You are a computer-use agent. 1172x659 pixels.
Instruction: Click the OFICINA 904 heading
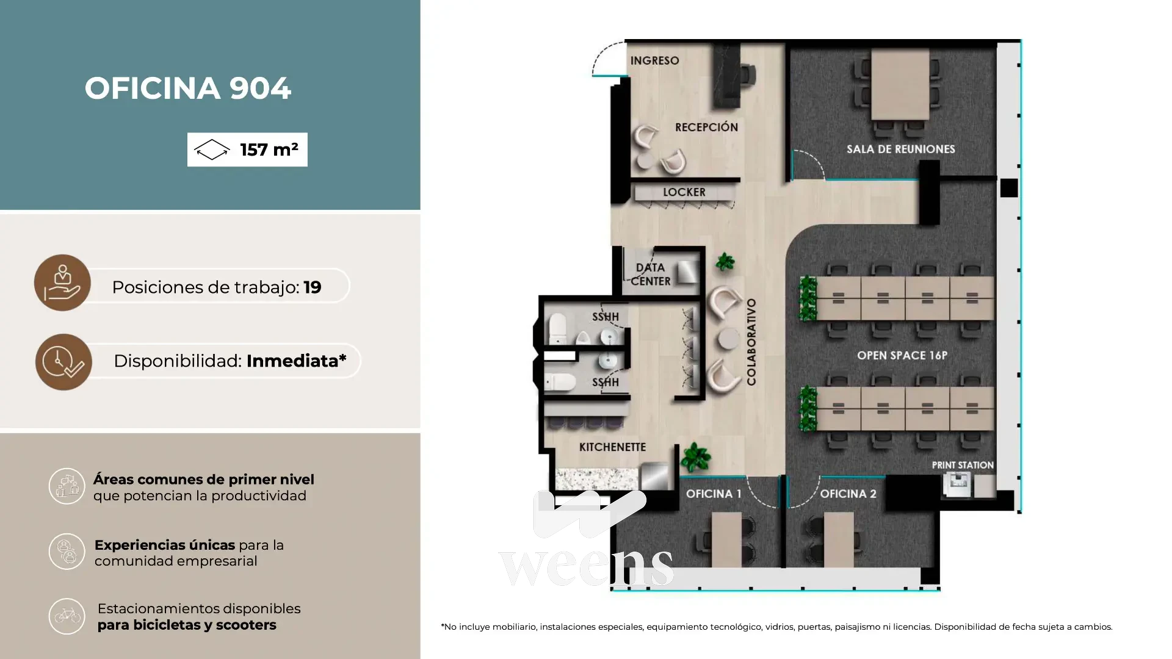pos(188,88)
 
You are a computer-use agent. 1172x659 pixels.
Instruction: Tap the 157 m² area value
pos(269,149)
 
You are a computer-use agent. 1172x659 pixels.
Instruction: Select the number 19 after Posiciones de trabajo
pos(313,287)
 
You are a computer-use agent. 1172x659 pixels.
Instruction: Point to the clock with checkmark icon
pos(63,362)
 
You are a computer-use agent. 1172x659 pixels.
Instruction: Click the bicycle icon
pos(67,616)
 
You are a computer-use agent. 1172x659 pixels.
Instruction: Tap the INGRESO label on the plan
pos(654,60)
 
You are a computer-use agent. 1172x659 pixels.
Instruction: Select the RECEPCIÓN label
pos(706,127)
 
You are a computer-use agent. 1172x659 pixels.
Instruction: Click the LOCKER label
pos(684,192)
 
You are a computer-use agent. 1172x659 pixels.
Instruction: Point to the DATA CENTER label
pos(651,274)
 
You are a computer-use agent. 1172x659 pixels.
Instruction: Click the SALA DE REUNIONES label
pos(901,149)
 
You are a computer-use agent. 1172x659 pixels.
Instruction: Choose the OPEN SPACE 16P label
pos(902,355)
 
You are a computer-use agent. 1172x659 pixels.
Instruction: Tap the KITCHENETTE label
pos(612,447)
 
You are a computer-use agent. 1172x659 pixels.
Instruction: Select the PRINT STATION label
pos(963,465)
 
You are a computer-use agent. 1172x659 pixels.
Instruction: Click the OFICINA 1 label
pos(714,494)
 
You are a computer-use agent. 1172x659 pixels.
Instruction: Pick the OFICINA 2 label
pos(848,494)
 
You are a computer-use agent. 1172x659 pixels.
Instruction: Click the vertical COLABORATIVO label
pos(751,342)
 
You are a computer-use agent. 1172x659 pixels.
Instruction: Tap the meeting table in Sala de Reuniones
pos(900,84)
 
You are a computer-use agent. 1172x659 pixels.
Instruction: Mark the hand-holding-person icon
pos(62,283)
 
